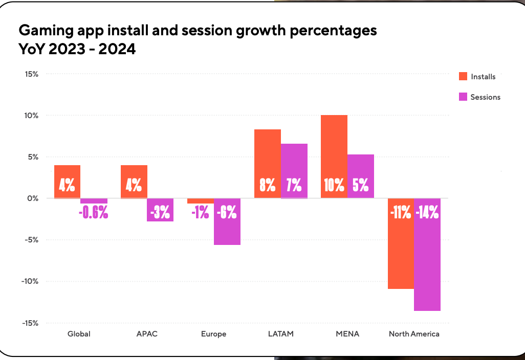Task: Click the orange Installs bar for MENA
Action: tap(334, 156)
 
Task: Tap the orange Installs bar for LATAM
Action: tap(268, 164)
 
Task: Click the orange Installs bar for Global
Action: tap(68, 182)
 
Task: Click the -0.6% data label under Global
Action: tap(94, 212)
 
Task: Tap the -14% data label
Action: tap(427, 212)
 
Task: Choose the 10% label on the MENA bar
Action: tap(334, 185)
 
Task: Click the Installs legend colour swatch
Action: tap(463, 77)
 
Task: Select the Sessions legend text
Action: tap(485, 97)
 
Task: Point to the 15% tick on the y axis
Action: tap(31, 74)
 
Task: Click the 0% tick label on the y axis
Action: tap(33, 198)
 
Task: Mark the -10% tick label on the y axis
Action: tap(30, 281)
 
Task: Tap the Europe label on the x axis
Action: tap(214, 334)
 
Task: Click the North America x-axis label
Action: tap(414, 334)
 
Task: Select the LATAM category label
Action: tap(281, 334)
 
